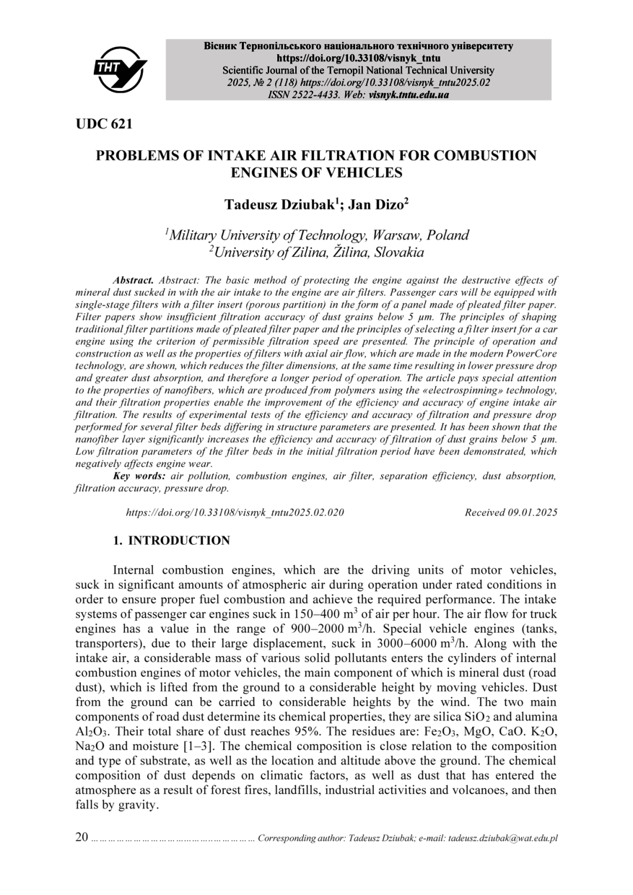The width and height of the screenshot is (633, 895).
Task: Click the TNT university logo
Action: click(120, 69)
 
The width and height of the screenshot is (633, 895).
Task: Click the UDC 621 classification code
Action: click(104, 124)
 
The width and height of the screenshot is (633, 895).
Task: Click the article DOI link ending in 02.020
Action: click(235, 512)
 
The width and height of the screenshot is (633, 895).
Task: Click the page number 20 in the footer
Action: click(82, 837)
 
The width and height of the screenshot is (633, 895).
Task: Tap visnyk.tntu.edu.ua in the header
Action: click(409, 95)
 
